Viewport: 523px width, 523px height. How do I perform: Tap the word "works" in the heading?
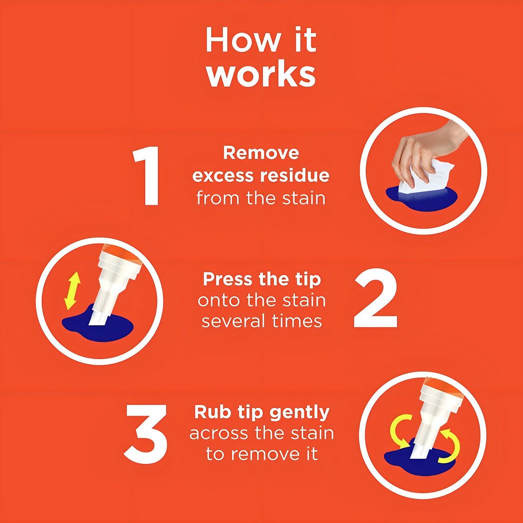coord(261,75)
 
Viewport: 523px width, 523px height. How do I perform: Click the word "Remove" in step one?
coord(261,153)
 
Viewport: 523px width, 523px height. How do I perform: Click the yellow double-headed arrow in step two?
coord(72,291)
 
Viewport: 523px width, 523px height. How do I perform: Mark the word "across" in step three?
coord(221,434)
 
